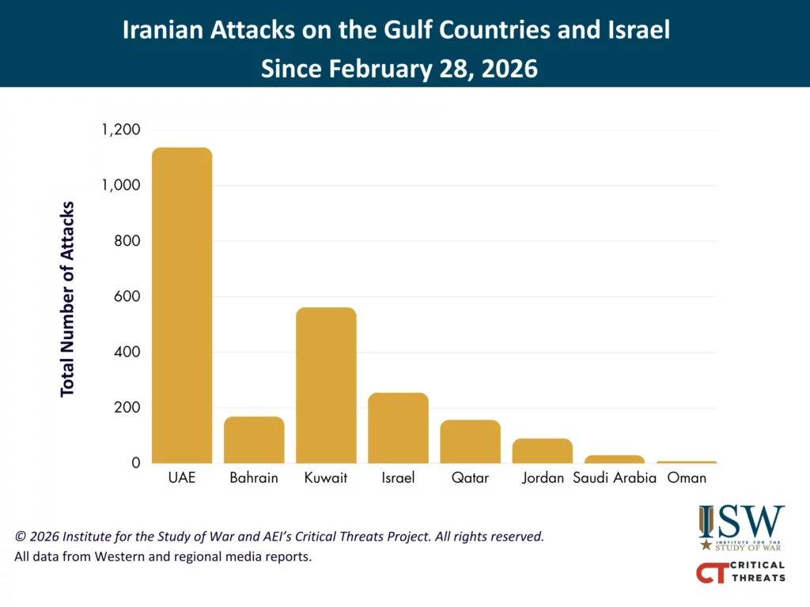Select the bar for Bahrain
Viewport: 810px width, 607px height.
tap(254, 439)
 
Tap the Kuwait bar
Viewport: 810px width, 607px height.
tap(326, 385)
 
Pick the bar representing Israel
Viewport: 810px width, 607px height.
tap(398, 428)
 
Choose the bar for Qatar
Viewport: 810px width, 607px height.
tap(470, 441)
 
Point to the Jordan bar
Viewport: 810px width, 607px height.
tap(542, 451)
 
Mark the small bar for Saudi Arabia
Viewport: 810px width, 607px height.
tap(615, 458)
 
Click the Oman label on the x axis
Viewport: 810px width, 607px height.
tap(687, 478)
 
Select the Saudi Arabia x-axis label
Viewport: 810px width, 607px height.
tap(615, 478)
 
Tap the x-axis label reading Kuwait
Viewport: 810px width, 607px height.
tap(326, 478)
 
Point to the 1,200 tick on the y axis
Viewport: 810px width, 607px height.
tap(121, 130)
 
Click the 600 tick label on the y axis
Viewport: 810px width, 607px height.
tap(127, 296)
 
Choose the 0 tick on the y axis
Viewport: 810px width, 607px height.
tap(135, 463)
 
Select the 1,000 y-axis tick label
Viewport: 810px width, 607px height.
tap(121, 185)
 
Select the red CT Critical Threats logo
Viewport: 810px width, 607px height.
tap(740, 571)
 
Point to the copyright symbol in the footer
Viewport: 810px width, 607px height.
tap(21, 537)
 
